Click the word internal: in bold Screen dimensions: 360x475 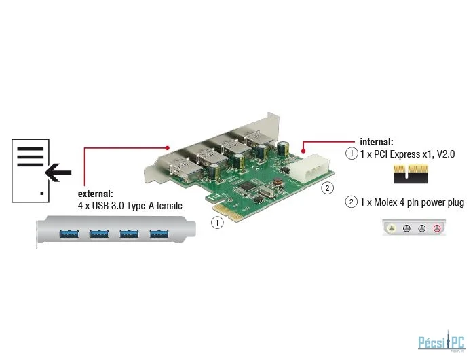pos(376,142)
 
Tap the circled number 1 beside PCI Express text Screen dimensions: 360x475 pos(351,154)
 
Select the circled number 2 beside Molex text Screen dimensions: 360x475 pos(351,202)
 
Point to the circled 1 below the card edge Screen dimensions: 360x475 pos(216,222)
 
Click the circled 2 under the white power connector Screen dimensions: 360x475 pos(327,187)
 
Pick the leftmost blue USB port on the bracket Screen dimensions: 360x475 pos(70,235)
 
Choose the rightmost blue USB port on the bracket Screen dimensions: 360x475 pos(159,235)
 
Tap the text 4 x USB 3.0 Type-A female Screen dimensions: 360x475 pos(130,205)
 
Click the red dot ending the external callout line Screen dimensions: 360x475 pos(167,147)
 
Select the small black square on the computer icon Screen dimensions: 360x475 pos(42,193)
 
